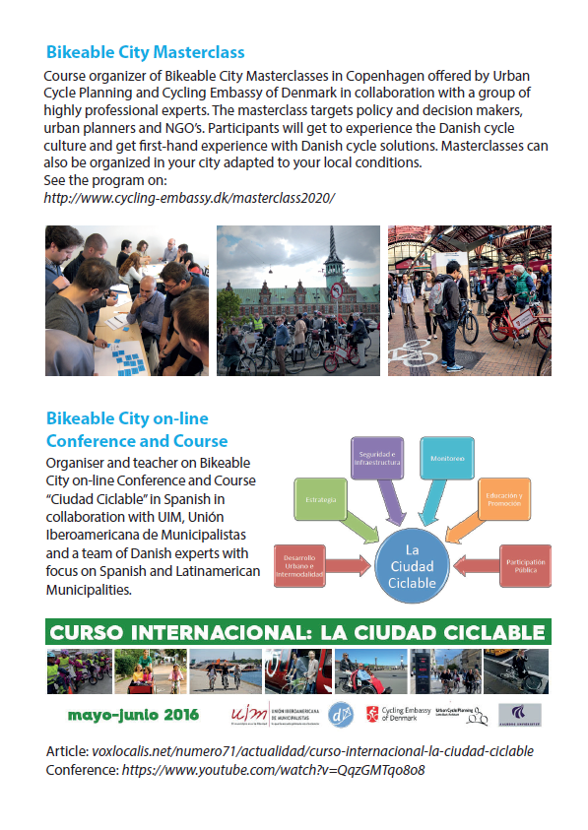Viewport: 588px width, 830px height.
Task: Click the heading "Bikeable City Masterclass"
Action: pyautogui.click(x=145, y=52)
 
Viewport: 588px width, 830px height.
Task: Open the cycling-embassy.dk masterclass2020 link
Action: pyautogui.click(x=190, y=198)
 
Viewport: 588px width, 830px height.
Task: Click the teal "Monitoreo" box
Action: pyautogui.click(x=448, y=461)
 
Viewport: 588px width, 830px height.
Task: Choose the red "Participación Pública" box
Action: pyautogui.click(x=525, y=566)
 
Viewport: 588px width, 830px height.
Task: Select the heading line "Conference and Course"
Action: pyautogui.click(x=137, y=440)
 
